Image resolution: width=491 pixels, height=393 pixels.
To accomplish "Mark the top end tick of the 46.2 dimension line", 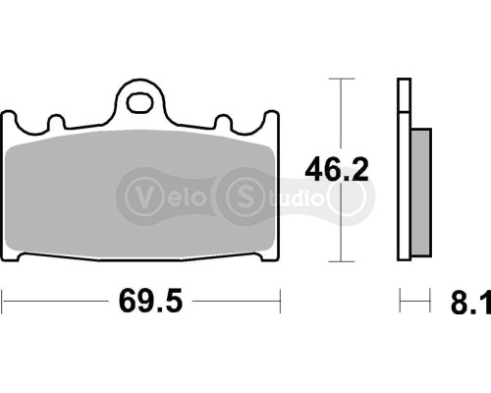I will tap(340, 78).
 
